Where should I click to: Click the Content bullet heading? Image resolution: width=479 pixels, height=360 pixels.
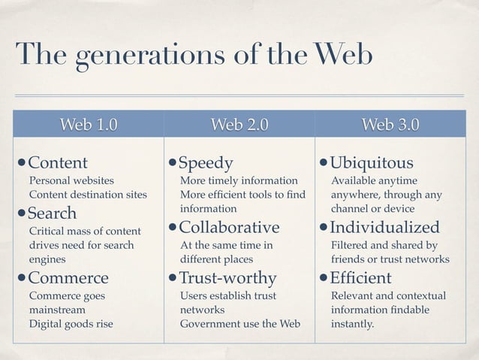pos(58,163)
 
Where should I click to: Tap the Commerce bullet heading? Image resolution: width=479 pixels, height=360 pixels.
pos(68,278)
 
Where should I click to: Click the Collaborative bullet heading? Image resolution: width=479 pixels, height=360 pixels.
pos(230,228)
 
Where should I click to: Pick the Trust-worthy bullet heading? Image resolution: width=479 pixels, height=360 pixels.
pos(228,278)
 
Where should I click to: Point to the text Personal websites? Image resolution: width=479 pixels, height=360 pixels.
pos(71,181)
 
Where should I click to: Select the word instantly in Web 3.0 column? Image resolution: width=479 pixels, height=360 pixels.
pos(352,325)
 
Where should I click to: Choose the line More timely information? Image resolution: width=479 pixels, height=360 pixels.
pos(239,181)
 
